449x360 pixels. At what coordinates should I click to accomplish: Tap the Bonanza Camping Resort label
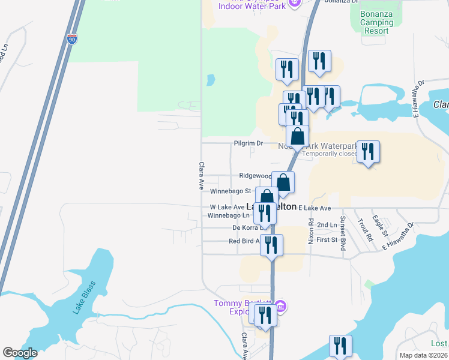coord(377,22)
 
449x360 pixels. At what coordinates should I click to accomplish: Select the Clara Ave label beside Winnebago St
coord(202,176)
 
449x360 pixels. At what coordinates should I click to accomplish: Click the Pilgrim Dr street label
coord(248,143)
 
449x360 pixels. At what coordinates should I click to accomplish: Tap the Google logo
coord(20,352)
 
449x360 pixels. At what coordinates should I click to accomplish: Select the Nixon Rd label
coord(311,230)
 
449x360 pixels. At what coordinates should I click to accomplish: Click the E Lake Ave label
coord(315,208)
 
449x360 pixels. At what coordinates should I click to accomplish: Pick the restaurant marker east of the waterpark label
coord(367,152)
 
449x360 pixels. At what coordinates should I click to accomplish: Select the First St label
coord(327,240)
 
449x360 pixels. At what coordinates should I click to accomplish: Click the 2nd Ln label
coord(327,225)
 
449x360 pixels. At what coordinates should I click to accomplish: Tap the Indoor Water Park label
coord(252,7)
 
